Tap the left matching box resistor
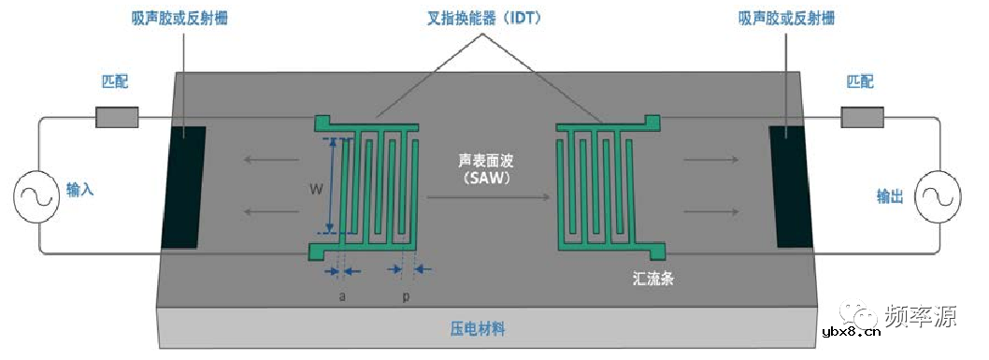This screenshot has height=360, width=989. click(117, 117)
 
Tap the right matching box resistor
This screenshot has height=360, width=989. click(862, 117)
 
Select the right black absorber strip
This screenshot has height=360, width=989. click(792, 187)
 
